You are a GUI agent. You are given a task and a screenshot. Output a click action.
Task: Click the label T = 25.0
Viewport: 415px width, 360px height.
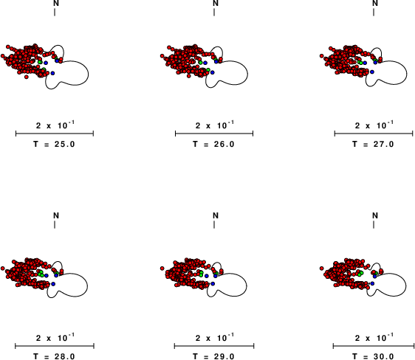point(54,145)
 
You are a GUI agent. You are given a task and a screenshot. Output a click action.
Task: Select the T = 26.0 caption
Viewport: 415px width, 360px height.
point(214,145)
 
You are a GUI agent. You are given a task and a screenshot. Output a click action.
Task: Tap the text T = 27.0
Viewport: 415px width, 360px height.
point(373,145)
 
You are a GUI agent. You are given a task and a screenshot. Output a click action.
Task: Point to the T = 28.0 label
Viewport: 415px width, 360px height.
point(54,356)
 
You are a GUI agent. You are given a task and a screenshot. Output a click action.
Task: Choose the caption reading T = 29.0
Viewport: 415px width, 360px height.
point(214,356)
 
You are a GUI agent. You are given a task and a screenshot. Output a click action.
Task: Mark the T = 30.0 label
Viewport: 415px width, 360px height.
point(373,356)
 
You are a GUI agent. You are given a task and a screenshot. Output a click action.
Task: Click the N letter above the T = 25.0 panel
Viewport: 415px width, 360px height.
point(56,3)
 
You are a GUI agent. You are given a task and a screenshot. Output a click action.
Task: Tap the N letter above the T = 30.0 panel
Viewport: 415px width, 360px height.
point(375,215)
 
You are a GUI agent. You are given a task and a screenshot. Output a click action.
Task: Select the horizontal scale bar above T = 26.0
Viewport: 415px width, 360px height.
point(214,134)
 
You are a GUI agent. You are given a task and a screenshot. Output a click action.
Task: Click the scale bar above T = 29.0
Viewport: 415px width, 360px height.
point(214,346)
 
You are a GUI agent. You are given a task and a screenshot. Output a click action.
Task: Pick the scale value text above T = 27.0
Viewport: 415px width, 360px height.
point(374,125)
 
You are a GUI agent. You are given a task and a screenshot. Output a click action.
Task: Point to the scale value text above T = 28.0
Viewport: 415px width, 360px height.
point(55,337)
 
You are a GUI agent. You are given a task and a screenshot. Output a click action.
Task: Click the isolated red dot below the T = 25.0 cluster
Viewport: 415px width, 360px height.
point(26,77)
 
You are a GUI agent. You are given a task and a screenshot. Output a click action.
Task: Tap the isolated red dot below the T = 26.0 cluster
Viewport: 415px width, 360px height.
point(188,76)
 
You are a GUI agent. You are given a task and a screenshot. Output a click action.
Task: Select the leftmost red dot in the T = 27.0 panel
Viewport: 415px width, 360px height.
point(321,56)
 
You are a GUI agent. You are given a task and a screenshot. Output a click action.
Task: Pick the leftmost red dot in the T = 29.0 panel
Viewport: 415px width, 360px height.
point(162,269)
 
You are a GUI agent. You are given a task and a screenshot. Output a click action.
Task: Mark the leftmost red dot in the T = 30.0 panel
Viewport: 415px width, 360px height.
point(321,269)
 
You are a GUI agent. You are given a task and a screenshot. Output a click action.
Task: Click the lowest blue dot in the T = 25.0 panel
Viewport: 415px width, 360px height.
point(52,73)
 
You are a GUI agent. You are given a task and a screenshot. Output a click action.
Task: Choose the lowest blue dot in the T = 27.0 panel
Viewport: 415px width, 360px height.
point(372,72)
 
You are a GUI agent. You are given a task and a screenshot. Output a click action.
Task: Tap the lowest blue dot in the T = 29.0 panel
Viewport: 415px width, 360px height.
point(213,283)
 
